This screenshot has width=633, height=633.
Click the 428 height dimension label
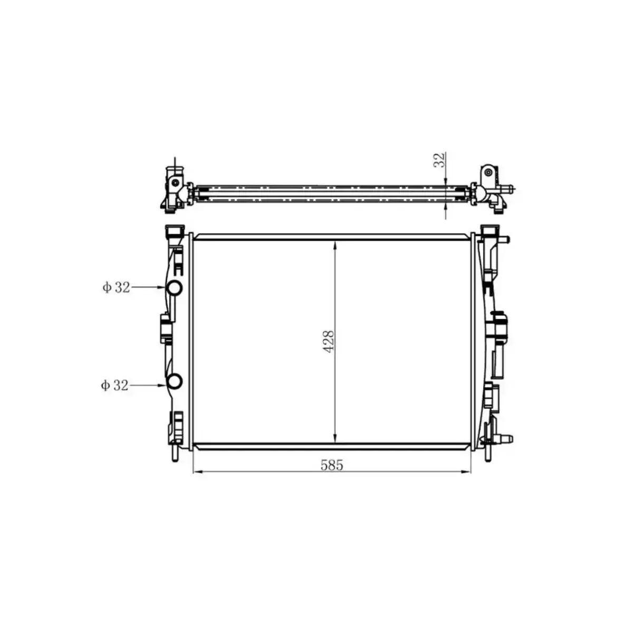329,342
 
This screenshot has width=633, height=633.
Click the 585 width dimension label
332,465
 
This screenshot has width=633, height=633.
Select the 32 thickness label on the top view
439,160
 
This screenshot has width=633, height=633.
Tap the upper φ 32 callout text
116,287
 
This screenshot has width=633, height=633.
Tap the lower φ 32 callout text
114,385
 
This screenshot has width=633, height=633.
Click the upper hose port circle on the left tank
174,288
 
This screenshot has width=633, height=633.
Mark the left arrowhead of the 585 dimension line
197,472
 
